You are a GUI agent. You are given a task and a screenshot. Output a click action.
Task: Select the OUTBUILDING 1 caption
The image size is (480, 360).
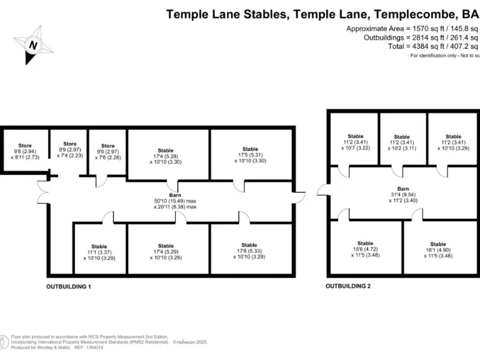tap(69, 286)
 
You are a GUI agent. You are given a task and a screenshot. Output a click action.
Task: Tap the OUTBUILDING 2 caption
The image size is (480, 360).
tap(348, 286)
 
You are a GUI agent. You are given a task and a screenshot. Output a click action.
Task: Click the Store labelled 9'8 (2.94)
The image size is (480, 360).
tap(25, 151)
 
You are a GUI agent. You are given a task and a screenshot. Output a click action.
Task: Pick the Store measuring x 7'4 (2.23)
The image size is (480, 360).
tap(69, 150)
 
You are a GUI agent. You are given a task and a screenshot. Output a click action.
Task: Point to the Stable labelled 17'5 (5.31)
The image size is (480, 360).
tap(250, 155)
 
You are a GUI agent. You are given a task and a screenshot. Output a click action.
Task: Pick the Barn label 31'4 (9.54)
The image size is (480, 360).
tap(403, 194)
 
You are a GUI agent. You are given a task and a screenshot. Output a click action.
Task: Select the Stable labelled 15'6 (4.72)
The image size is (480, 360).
tap(365, 249)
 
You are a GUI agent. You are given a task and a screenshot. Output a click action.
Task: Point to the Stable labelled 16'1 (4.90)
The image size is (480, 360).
tap(437, 249)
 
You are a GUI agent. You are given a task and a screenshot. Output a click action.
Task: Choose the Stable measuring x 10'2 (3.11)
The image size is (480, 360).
tap(401, 142)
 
